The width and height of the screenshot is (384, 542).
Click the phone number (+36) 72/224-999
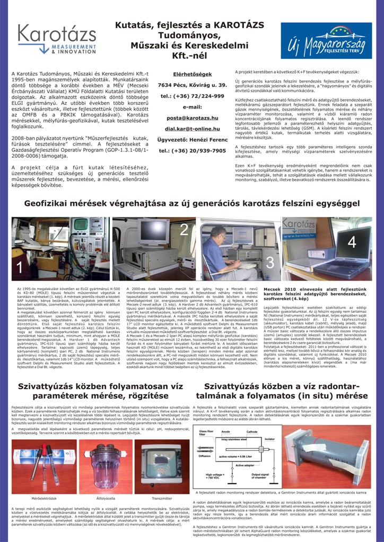[x=192, y=96]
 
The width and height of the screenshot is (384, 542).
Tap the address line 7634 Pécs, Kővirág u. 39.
[x=192, y=85]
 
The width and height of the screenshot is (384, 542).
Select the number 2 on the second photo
[x=184, y=230]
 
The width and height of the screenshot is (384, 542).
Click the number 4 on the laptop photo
[x=352, y=242]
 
